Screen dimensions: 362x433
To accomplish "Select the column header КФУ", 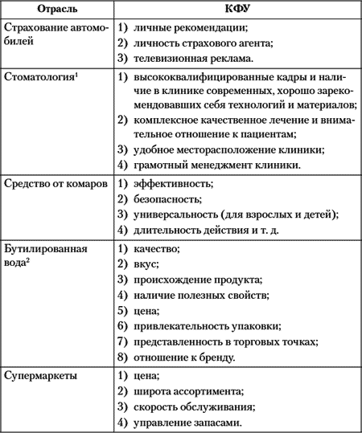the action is tap(237, 10).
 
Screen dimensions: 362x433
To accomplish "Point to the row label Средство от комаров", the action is tap(55, 184).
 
